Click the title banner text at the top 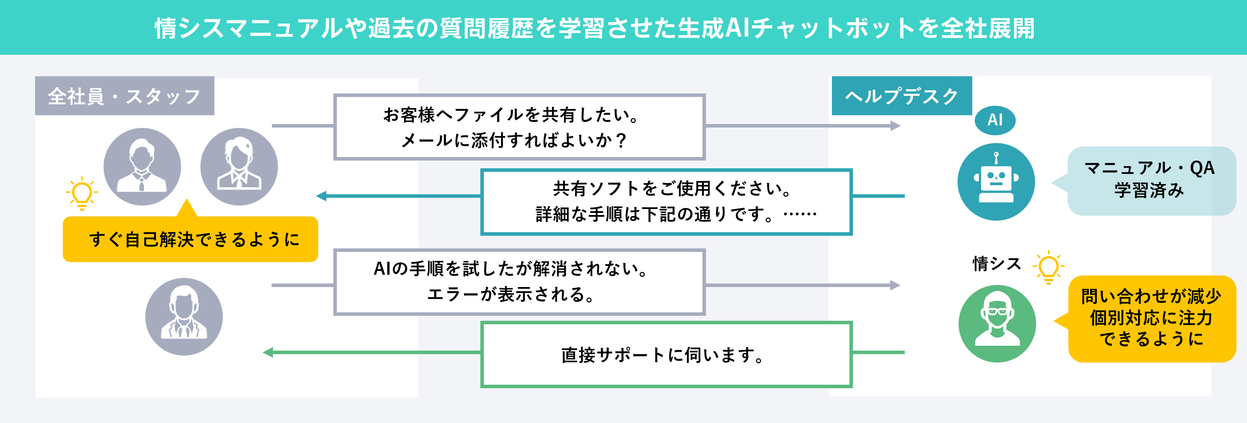click(594, 28)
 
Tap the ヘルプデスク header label click(901, 96)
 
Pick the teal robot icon click(996, 182)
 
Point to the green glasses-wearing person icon click(997, 323)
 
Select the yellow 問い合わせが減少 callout click(1151, 318)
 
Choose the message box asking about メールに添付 click(519, 127)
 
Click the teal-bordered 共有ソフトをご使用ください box click(666, 202)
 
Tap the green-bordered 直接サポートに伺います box click(666, 354)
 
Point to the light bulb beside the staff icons click(82, 193)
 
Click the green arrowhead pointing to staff click(268, 352)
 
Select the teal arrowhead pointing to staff click(321, 196)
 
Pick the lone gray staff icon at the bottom click(184, 317)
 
